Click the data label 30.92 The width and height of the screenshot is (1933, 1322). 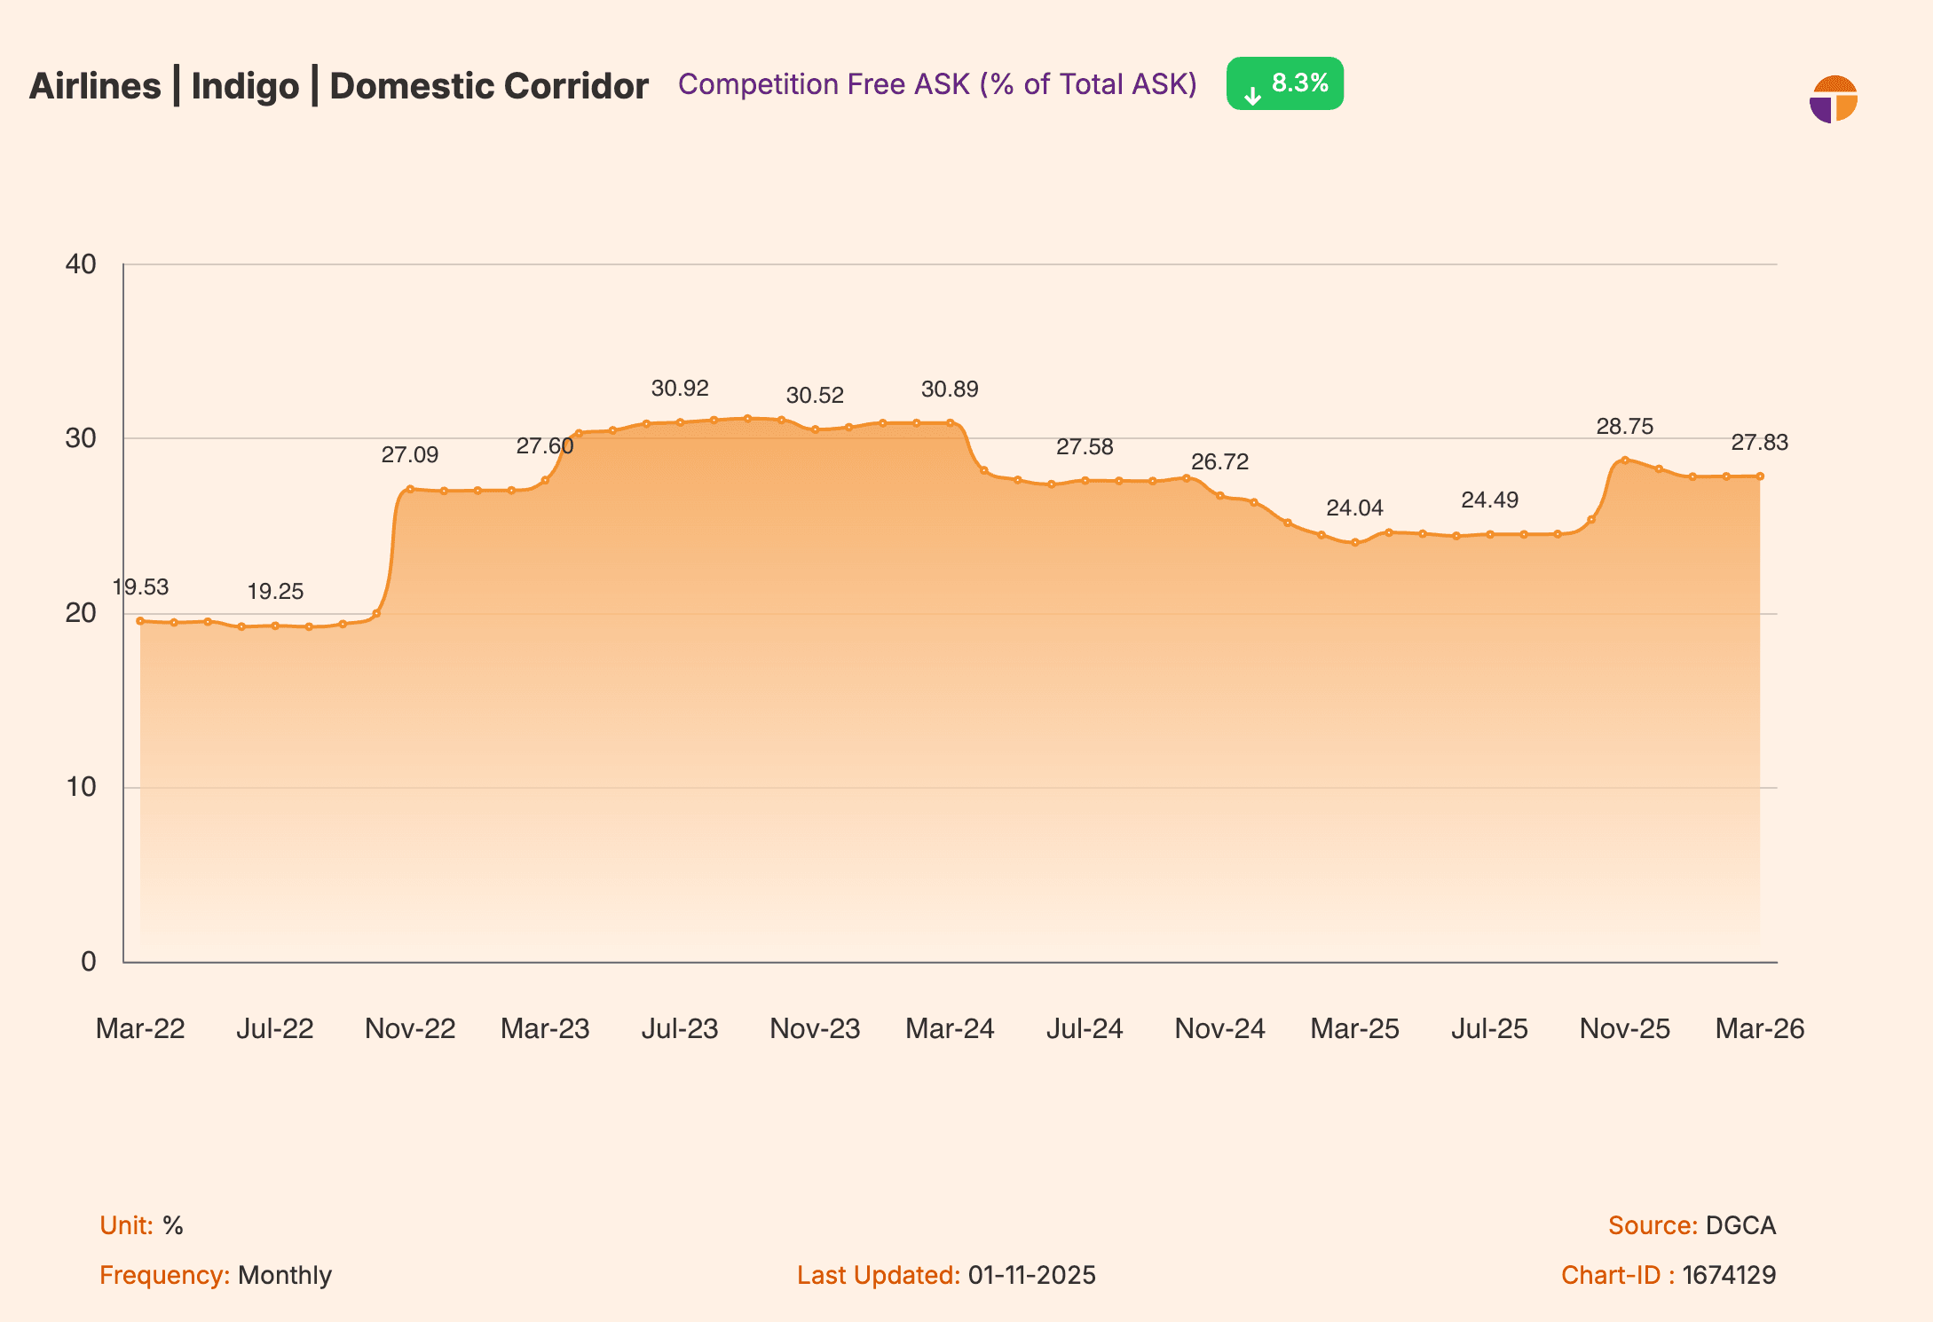(680, 389)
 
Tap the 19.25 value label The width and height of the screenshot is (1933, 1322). (275, 592)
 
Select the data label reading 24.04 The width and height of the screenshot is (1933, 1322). (1354, 508)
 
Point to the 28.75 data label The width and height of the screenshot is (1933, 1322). (1624, 427)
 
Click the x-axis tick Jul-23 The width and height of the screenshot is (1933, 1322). (680, 1028)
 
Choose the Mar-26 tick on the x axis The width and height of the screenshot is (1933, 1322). (1759, 1028)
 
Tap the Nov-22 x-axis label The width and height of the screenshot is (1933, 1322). (410, 1028)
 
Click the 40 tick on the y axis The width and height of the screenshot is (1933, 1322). (82, 264)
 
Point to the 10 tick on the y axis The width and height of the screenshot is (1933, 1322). (82, 787)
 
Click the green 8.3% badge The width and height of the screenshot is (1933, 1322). (1284, 83)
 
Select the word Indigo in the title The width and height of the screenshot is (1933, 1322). (245, 86)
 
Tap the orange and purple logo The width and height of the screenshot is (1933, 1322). (1834, 99)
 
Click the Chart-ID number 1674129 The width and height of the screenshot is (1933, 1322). (1729, 1275)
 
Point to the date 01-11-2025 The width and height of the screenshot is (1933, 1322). (1032, 1275)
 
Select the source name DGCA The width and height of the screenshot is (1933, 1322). (1740, 1225)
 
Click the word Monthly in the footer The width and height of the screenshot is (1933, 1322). (285, 1275)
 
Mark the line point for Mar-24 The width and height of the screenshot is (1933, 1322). (950, 423)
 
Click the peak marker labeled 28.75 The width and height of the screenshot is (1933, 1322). (1624, 460)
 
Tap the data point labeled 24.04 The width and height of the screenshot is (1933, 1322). (1354, 542)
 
